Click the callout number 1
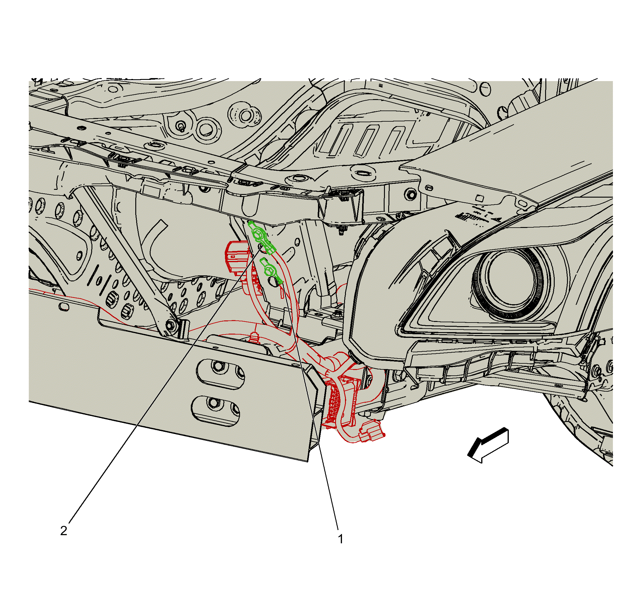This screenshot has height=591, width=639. (340, 539)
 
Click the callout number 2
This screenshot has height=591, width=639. (64, 531)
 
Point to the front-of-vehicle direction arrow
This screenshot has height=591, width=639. (488, 445)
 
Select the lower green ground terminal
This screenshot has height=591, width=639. (271, 271)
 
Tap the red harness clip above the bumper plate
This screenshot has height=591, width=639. (255, 338)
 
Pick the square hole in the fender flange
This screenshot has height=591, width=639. (479, 198)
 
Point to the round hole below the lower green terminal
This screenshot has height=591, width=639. (273, 282)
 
